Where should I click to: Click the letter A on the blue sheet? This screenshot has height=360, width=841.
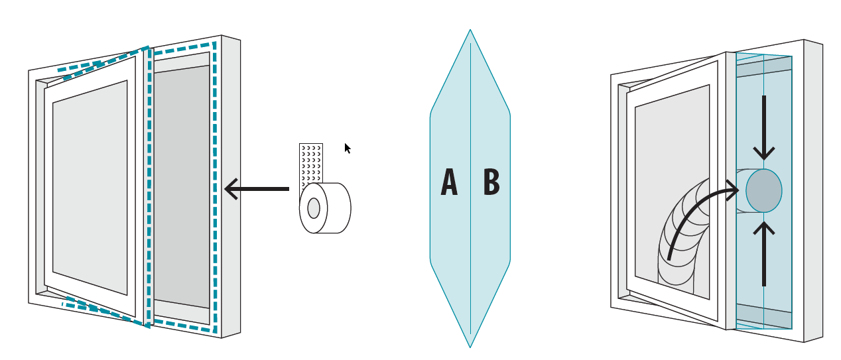[x=449, y=182]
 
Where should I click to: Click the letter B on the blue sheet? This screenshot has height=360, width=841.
[x=491, y=182]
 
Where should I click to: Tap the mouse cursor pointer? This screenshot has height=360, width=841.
[x=347, y=148]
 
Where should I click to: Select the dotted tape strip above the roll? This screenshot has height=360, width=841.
[x=310, y=162]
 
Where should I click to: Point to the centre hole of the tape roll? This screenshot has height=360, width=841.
[x=314, y=208]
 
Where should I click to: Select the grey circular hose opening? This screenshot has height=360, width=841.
[x=763, y=190]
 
